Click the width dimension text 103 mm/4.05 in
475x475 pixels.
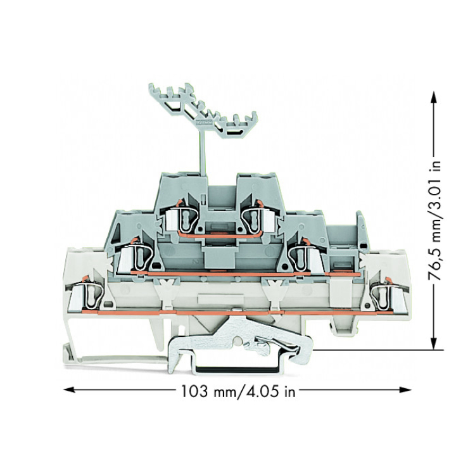[237, 391]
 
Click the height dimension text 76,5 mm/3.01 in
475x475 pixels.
[434, 221]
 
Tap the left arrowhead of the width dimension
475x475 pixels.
[69, 389]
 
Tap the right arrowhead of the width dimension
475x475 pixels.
[405, 389]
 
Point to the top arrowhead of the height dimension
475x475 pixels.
[434, 98]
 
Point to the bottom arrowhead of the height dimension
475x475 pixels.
[434, 343]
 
